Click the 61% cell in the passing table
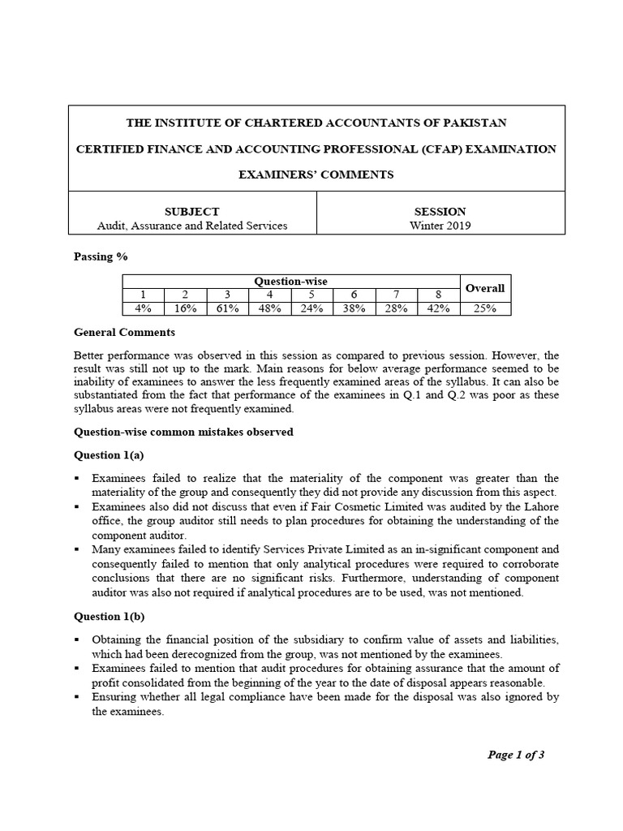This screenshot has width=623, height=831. click(228, 308)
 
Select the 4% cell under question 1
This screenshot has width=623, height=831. click(143, 308)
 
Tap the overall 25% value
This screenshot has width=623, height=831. click(485, 308)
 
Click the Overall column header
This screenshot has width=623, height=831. click(485, 288)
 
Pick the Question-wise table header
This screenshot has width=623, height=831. click(290, 281)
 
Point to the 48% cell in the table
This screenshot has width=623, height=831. click(270, 308)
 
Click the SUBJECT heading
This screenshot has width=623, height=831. click(191, 211)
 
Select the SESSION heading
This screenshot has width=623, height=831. click(440, 211)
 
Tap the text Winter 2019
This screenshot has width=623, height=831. click(440, 226)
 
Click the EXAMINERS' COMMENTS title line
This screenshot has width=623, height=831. click(316, 174)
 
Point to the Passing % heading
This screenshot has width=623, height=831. click(101, 256)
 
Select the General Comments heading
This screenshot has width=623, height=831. click(124, 332)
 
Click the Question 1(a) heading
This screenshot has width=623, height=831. click(110, 454)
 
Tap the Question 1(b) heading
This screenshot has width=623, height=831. click(110, 616)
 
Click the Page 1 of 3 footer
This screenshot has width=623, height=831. click(515, 755)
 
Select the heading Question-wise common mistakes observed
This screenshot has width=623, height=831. click(183, 432)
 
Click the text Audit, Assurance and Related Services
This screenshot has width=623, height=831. click(191, 226)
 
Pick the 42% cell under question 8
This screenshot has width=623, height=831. click(439, 308)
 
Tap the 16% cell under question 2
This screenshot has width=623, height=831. click(185, 308)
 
